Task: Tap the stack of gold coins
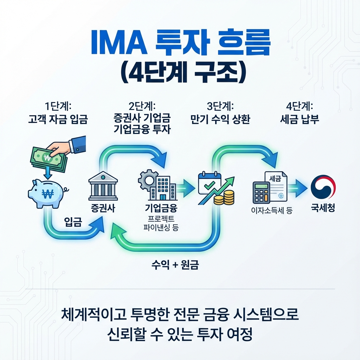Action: (224, 198)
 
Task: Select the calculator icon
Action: (262, 193)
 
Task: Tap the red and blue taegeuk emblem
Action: (323, 187)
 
